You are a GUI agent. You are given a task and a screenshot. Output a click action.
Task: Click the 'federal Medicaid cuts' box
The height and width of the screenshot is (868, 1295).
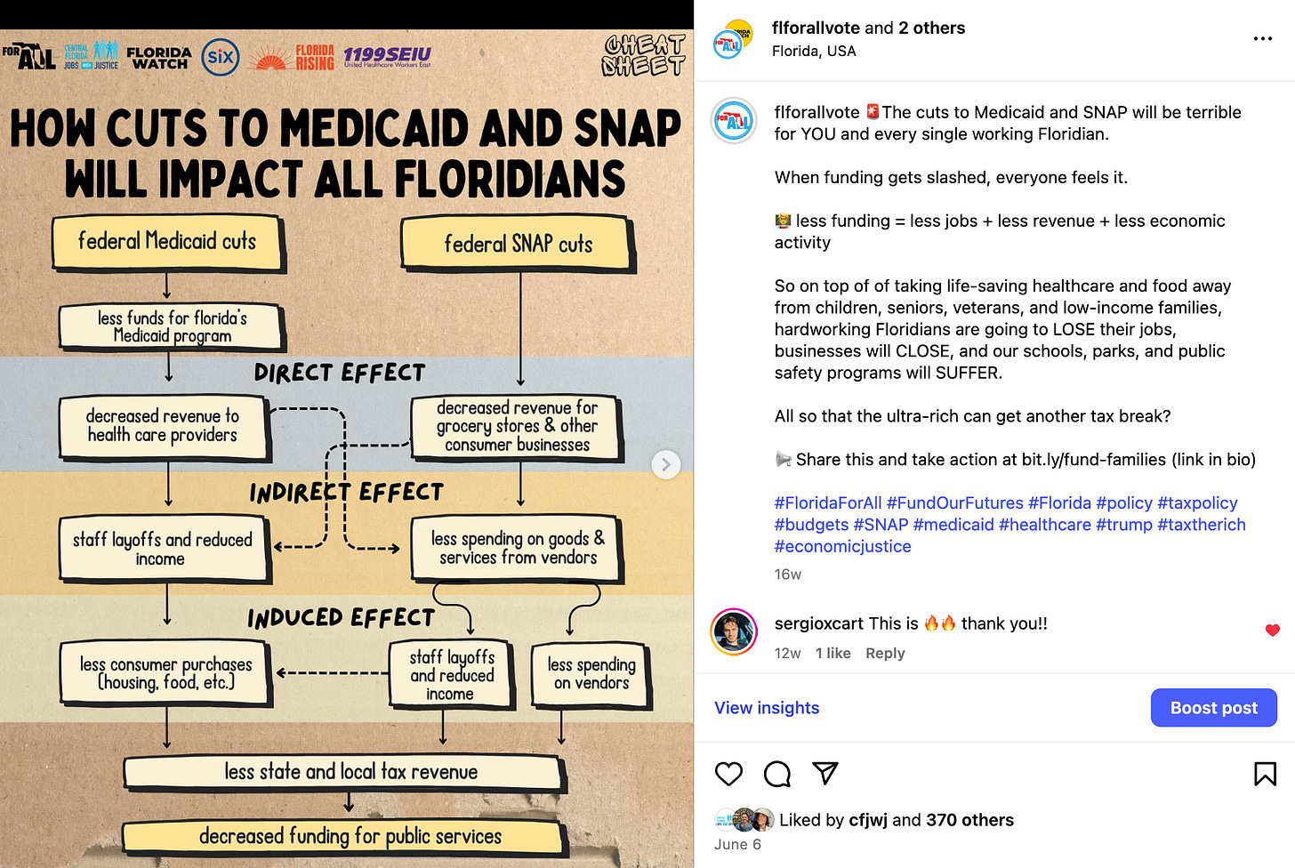point(166,242)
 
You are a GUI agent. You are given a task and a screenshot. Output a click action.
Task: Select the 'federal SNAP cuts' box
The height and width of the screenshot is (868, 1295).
point(518,244)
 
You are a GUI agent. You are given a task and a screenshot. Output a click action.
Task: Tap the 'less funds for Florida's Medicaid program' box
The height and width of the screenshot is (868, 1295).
point(172,326)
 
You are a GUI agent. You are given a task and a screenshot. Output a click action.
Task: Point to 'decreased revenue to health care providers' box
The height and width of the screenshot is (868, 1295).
point(163,426)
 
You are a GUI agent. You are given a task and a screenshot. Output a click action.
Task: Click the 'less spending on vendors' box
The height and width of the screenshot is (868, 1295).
point(591,674)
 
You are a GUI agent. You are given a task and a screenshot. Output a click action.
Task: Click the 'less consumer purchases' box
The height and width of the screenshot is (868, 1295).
point(165,673)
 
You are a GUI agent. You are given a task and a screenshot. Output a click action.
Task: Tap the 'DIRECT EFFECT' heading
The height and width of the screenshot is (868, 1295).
point(339,373)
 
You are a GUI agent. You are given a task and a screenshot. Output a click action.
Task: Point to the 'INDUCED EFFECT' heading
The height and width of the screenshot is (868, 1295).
point(341,618)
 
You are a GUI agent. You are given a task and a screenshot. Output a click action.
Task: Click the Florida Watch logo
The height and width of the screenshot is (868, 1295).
point(158,59)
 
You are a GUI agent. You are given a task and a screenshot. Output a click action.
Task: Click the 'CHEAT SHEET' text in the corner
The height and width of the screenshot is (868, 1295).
point(643,55)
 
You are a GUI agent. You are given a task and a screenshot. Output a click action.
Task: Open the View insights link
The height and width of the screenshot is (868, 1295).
point(767,708)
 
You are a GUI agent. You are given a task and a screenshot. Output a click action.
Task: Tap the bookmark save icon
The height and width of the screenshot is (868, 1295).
point(1265,774)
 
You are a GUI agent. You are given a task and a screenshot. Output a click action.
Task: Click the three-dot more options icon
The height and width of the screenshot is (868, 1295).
point(1262,39)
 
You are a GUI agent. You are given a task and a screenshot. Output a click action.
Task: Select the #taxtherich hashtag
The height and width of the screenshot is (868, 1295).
point(1201,525)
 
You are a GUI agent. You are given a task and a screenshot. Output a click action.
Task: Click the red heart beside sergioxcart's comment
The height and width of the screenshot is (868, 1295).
point(1272,631)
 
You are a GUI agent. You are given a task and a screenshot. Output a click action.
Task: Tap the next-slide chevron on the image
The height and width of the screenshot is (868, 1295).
point(665,464)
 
